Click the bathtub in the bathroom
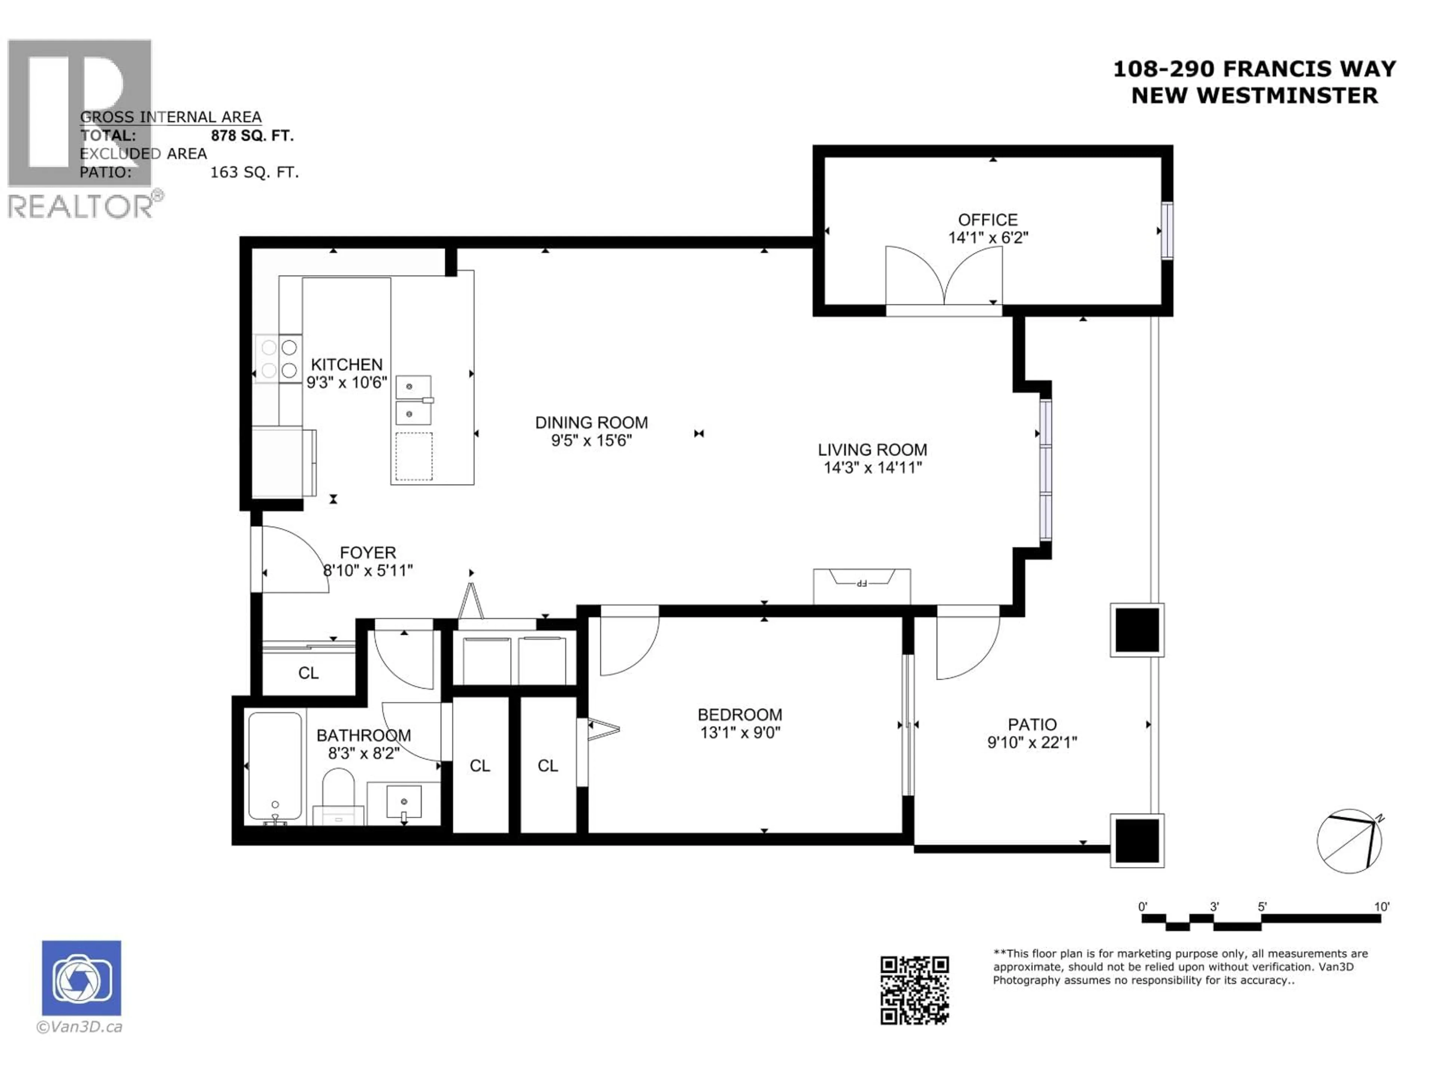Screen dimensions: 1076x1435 275,767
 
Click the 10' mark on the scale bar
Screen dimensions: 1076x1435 1381,907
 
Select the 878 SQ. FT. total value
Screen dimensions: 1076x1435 252,136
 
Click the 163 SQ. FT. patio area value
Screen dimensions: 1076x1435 254,173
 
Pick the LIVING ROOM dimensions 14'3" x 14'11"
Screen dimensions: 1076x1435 873,468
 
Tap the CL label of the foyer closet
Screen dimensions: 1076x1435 308,673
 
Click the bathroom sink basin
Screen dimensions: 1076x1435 404,802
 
